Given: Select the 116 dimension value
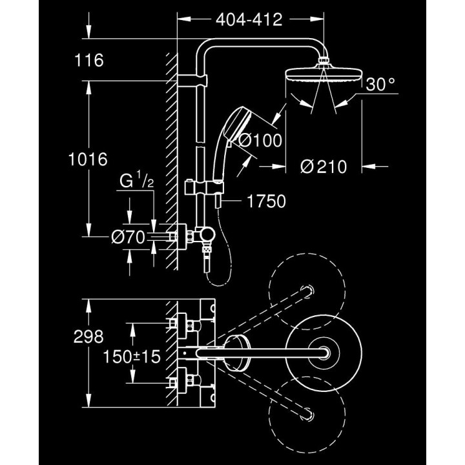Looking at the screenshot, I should (89, 61).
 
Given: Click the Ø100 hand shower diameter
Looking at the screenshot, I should (260, 140).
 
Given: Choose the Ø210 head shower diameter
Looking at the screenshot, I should (324, 167).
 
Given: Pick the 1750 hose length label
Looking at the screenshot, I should (265, 202).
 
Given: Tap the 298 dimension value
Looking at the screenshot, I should (89, 336).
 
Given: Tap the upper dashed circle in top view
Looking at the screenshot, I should (304, 291).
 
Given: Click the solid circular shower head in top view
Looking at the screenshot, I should (321, 352).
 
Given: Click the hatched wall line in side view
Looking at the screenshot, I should (172, 161).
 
